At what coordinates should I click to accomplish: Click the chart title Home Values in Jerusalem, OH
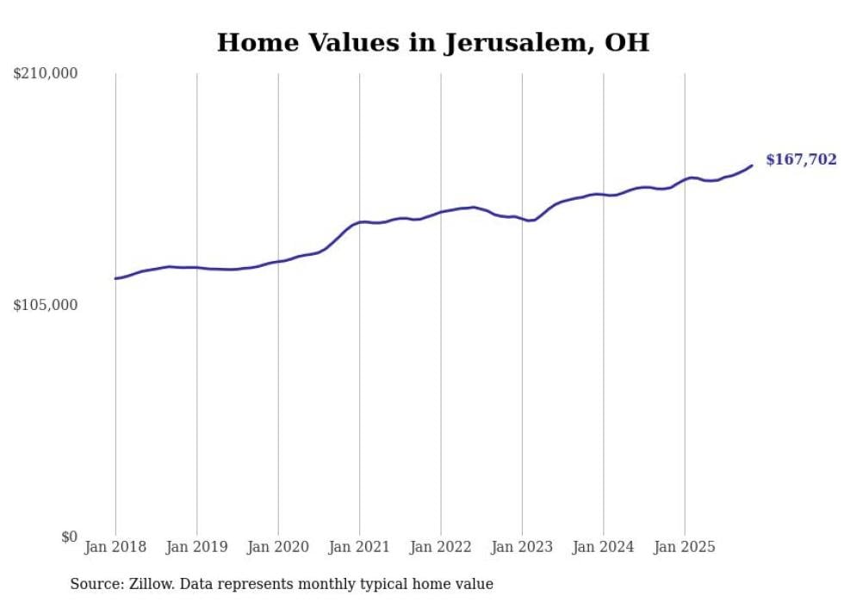coord(432,42)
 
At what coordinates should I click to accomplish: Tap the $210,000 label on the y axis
coord(46,74)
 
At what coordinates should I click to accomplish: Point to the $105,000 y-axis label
coord(46,306)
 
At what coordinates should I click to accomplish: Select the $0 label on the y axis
coord(69,537)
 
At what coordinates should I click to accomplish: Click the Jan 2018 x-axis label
coord(115,547)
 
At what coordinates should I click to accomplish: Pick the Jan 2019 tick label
coord(196,547)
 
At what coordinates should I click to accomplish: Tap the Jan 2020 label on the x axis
coord(278,547)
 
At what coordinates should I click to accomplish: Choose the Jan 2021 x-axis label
coord(359,547)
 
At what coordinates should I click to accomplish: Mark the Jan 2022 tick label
coord(441,547)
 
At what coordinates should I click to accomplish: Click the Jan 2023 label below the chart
coord(522,547)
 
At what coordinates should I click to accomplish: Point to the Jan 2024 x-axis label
coord(604,547)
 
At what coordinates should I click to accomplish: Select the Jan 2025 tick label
coord(685,547)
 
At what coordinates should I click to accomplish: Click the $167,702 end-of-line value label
coord(801,159)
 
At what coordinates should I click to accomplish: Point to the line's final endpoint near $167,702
coord(752,165)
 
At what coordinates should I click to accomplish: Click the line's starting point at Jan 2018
coord(115,278)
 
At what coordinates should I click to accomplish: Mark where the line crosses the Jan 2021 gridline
coord(359,222)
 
